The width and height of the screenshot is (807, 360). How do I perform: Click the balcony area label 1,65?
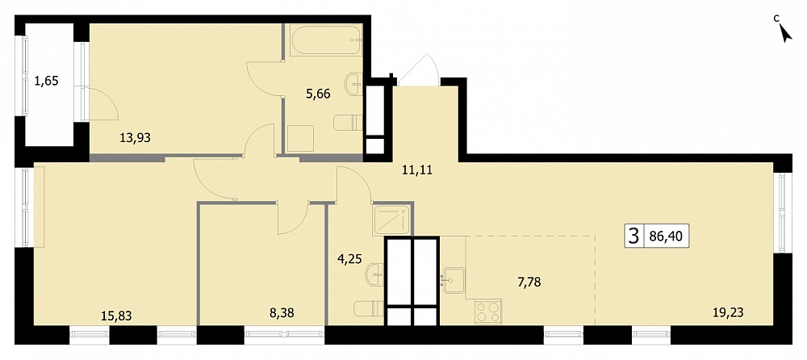click(46, 81)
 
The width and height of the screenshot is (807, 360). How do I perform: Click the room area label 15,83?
click(116, 315)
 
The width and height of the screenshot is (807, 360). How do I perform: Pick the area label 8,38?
click(281, 312)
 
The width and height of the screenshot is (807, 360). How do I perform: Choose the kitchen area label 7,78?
click(530, 282)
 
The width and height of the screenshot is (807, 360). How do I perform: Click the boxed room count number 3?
click(633, 237)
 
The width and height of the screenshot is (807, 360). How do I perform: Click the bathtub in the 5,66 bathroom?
click(326, 40)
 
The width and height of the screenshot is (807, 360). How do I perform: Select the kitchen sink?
click(454, 280)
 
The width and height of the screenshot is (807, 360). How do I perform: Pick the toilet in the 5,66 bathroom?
click(349, 123)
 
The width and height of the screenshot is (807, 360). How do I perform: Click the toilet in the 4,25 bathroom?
click(369, 308)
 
